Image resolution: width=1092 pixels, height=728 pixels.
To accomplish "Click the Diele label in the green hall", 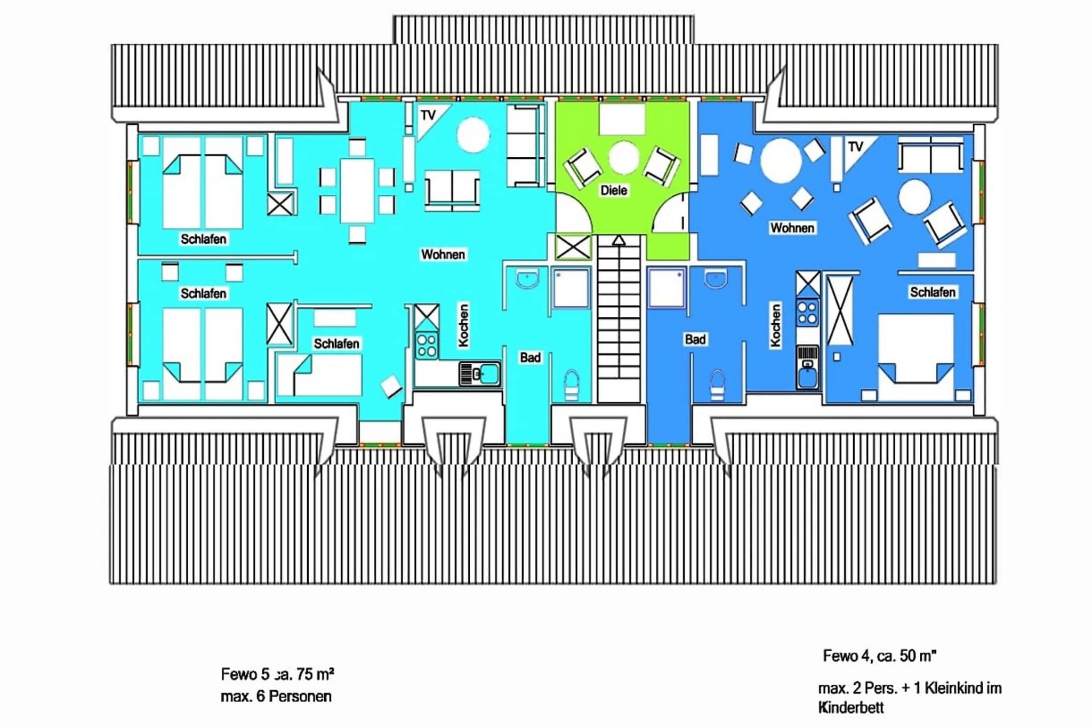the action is coord(614,190).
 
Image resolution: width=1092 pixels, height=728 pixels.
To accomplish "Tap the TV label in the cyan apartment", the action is coord(428,115).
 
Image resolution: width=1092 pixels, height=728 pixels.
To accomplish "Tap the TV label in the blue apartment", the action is coord(855,147).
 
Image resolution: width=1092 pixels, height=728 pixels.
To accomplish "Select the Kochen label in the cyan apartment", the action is coord(463,325).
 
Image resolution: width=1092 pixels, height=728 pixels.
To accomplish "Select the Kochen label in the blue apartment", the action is coord(775,325).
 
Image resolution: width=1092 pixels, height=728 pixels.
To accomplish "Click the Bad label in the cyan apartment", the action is coord(531,357).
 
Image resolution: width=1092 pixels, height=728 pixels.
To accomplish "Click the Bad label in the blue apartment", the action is coord(695,339).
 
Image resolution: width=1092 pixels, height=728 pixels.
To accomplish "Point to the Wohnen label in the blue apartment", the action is coord(792,228).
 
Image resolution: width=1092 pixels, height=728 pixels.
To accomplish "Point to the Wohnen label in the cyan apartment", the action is coord(443,254).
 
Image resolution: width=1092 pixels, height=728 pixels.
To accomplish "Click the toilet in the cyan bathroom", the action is coord(571,385).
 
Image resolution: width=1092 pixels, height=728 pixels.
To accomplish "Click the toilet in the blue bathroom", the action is coord(717,385).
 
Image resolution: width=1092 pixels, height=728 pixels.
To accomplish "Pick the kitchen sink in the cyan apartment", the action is coord(480,374).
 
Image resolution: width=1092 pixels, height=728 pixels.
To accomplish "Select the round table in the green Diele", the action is coord(624,158).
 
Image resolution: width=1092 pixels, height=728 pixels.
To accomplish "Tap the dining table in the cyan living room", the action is coord(357,190).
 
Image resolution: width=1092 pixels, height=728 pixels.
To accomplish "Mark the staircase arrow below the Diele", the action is coord(619,241).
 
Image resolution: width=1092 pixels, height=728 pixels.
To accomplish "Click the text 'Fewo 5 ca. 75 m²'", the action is coord(277,675).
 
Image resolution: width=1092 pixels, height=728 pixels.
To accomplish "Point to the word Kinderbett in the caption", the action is coord(851,708).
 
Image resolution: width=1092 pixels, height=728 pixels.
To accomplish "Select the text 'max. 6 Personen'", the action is coord(276,697).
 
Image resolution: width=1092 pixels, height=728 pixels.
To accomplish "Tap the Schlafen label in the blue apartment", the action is coord(933,292).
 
